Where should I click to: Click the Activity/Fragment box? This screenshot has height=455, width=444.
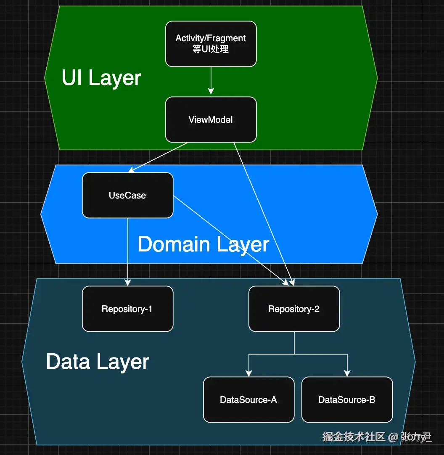point(211,44)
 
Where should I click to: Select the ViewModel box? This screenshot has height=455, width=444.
point(211,119)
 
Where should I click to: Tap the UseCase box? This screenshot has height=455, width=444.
point(127,195)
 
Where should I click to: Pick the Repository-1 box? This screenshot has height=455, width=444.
point(127,309)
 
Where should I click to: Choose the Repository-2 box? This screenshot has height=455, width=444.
point(294,309)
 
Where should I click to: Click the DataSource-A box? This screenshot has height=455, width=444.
point(248,399)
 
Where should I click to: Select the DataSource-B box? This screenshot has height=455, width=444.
point(347,399)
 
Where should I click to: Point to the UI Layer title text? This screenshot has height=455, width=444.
point(101,78)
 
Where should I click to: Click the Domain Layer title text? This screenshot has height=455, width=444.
point(203,244)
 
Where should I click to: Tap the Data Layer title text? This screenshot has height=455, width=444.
point(98,362)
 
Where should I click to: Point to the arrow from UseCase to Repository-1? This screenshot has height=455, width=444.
point(127,252)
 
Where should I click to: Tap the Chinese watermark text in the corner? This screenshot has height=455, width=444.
point(377,437)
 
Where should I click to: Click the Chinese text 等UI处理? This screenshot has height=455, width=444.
point(211,49)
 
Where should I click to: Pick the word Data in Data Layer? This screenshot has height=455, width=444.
point(68,362)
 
